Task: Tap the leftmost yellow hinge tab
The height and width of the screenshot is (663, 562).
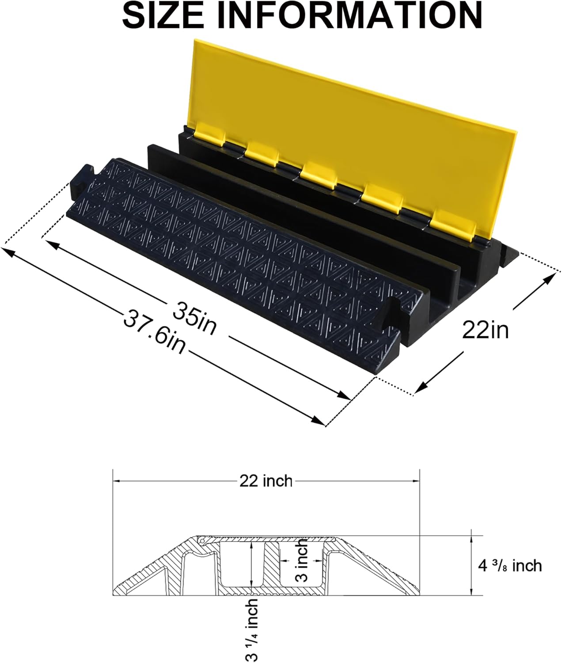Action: tap(208, 135)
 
